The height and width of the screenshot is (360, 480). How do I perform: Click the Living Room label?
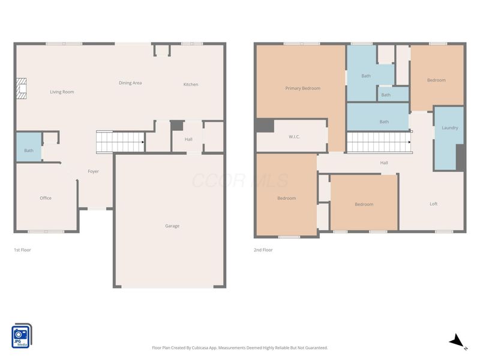coord(62,92)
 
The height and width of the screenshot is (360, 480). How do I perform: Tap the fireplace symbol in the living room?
coord(22,88)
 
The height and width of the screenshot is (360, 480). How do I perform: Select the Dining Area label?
coord(130,83)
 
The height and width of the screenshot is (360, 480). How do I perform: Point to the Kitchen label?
coord(191,84)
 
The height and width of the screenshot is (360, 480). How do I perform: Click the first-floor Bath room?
coord(29,147)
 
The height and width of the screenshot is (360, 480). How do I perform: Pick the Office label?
coord(46,198)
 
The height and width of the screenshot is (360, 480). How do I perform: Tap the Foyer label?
coord(94,172)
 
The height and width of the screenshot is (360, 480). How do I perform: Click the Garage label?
coord(172,226)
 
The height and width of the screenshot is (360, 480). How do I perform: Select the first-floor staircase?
coord(120,142)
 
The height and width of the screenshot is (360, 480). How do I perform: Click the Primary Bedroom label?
coord(303,88)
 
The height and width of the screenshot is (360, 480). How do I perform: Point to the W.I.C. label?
coord(294,137)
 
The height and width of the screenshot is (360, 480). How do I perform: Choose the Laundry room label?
coord(449,128)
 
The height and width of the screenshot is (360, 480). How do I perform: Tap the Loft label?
coord(433,204)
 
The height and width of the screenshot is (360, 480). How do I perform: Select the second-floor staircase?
coord(379,142)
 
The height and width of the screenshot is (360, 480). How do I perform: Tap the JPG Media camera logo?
coord(22,336)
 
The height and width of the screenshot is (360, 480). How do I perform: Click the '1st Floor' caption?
coord(22,250)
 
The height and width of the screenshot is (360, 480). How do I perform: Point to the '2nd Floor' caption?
coord(263,250)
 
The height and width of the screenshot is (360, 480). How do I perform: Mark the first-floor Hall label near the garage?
coord(188,139)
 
